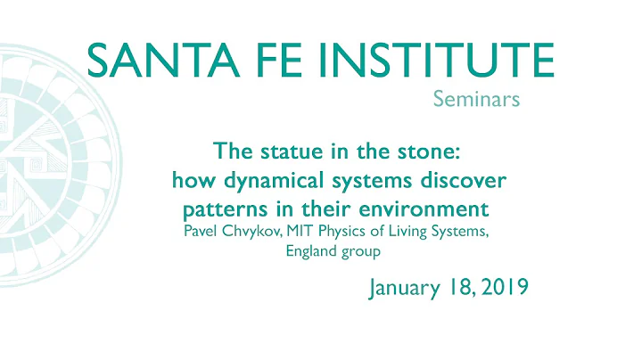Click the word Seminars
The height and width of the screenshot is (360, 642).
pos(475,101)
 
